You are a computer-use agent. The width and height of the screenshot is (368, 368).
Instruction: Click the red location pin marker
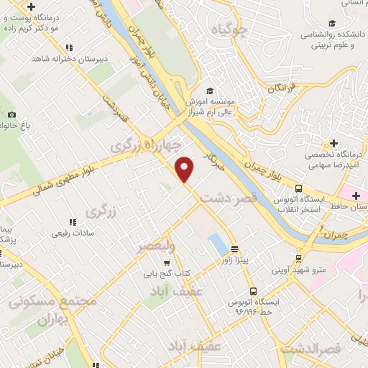pyautogui.click(x=185, y=168)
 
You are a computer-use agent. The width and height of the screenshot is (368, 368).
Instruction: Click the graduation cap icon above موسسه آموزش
pyautogui.click(x=210, y=91)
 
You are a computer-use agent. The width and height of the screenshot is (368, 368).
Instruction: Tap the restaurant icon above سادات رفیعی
pyautogui.click(x=71, y=222)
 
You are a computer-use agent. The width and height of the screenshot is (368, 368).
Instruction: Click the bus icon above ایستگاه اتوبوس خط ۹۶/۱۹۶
pyautogui.click(x=253, y=291)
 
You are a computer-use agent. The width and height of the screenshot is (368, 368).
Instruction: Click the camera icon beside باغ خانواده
pyautogui.click(x=11, y=115)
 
